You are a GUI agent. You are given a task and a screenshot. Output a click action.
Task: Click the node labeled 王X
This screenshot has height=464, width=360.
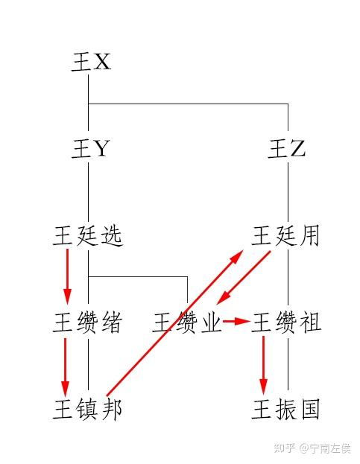(91, 62)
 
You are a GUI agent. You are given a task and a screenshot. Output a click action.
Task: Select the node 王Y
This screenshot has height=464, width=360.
(91, 148)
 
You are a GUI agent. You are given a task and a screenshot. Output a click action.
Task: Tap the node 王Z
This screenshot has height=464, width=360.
(286, 148)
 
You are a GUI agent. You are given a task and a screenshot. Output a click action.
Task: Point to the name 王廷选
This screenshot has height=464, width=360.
(88, 236)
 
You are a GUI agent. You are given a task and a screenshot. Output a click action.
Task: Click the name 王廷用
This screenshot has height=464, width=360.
(285, 236)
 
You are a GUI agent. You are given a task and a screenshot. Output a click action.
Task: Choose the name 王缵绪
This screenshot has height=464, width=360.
(88, 322)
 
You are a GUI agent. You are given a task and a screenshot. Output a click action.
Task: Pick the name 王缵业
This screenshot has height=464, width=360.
(186, 322)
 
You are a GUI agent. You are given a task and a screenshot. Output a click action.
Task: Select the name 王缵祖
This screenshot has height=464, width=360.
(286, 322)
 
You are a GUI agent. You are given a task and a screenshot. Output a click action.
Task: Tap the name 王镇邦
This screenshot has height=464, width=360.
(88, 409)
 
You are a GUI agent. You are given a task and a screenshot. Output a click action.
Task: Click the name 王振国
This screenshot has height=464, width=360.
(285, 409)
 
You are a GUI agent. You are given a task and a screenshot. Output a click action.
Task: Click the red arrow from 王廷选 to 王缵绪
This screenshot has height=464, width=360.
(68, 276)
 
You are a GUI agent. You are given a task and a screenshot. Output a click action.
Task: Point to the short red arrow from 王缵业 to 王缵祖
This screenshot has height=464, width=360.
(236, 321)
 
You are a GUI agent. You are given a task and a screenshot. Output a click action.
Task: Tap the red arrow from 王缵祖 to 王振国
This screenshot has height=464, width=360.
(263, 366)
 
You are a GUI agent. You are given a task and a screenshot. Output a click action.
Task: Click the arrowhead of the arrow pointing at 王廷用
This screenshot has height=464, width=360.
(236, 257)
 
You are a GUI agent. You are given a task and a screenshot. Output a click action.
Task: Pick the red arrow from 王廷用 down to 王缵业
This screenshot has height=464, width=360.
(244, 278)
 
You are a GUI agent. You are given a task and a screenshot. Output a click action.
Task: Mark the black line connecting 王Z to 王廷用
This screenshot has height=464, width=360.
(288, 194)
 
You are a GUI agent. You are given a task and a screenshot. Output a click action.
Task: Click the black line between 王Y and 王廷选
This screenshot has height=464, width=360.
(88, 194)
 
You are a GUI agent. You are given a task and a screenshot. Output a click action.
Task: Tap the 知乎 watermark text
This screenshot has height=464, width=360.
(284, 448)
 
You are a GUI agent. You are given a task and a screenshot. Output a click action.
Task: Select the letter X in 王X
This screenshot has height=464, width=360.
(102, 62)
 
